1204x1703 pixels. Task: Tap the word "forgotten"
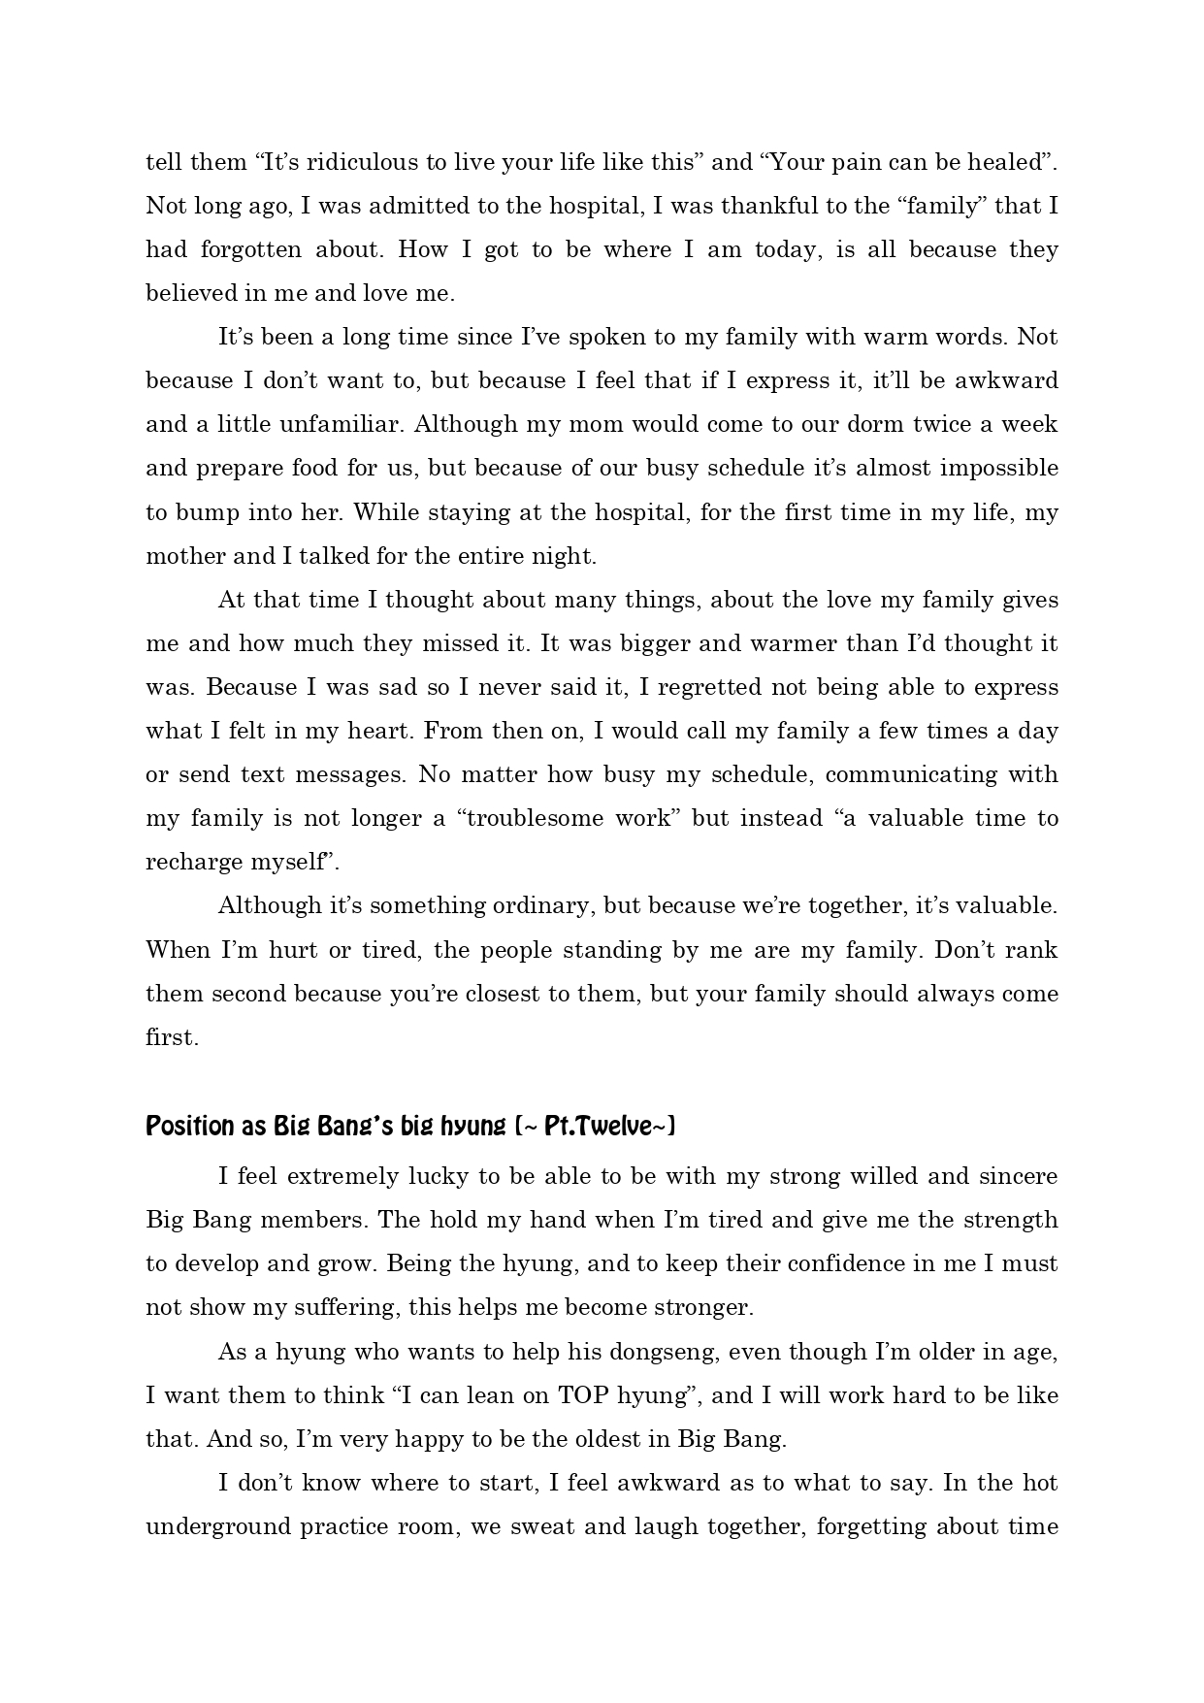(x=251, y=249)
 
